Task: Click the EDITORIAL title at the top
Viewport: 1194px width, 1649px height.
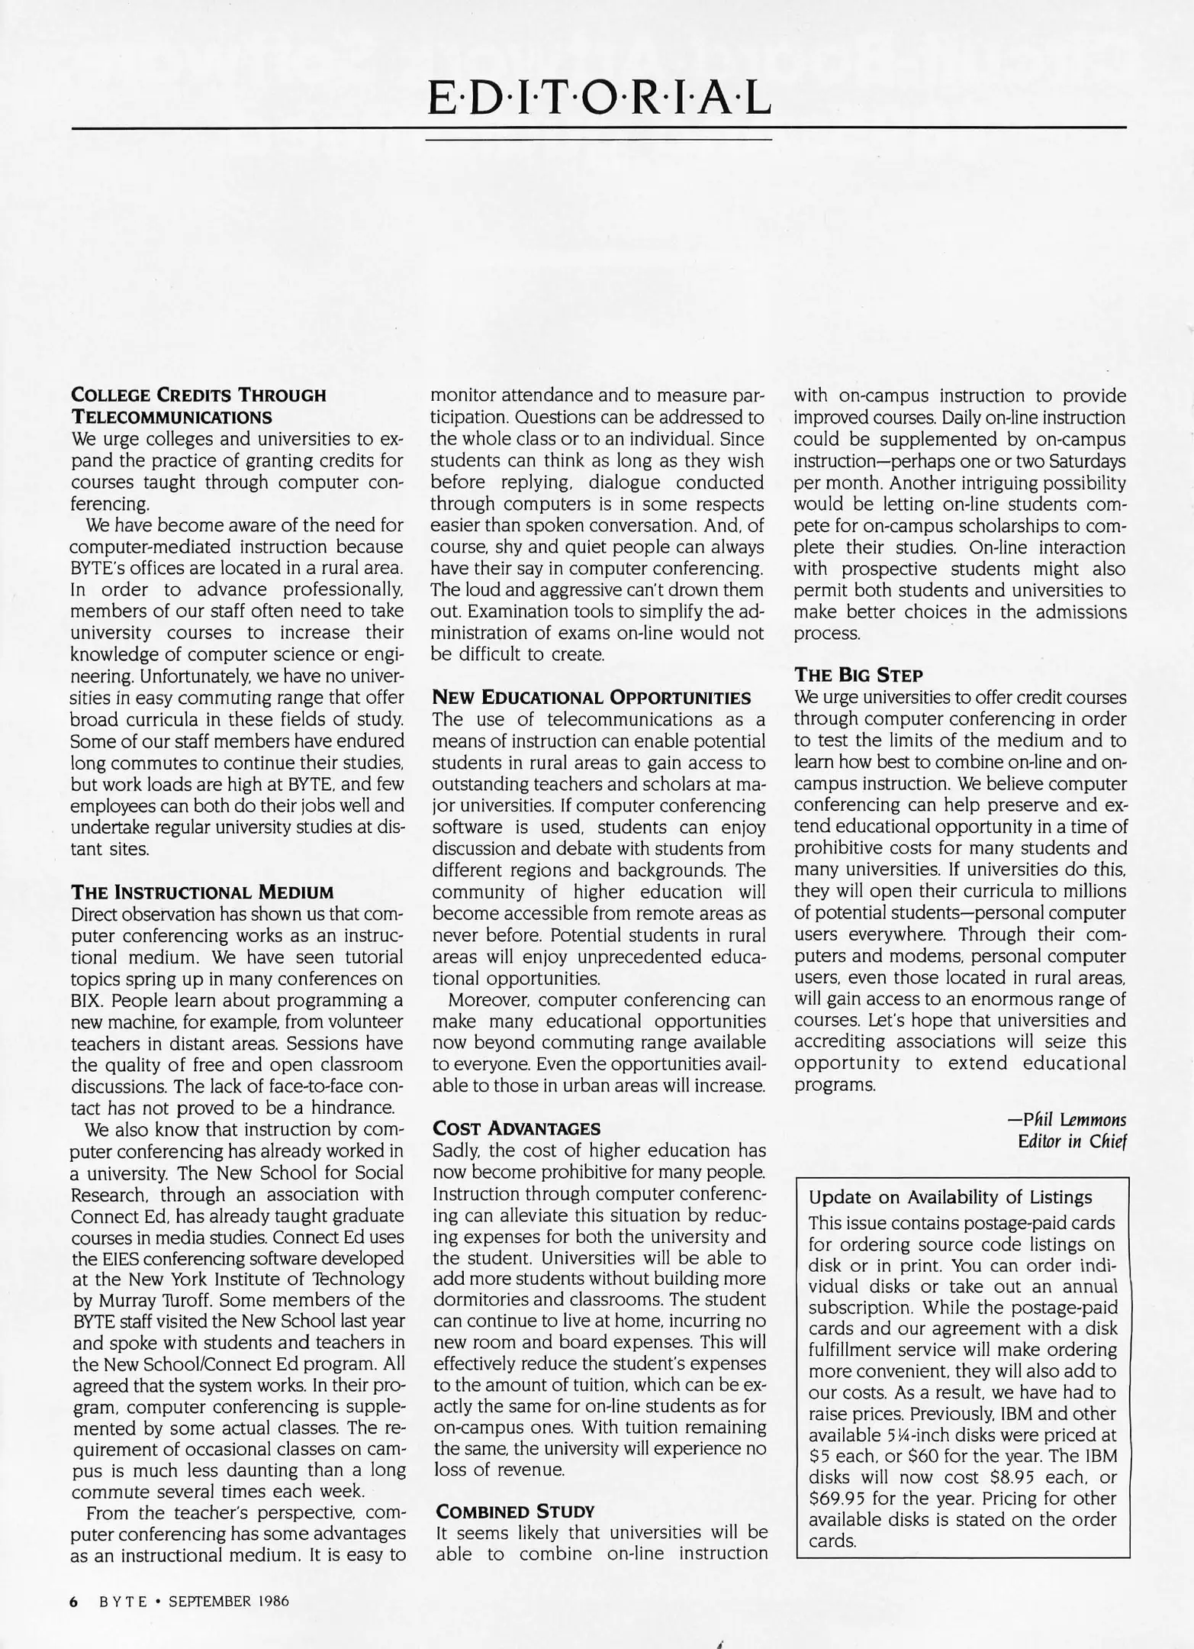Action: [599, 98]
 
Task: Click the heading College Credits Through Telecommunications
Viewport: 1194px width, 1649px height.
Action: [198, 406]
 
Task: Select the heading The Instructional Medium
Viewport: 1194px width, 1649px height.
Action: [202, 892]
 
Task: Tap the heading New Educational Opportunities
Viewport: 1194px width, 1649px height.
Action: [591, 698]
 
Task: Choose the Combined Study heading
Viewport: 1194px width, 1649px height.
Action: [514, 1512]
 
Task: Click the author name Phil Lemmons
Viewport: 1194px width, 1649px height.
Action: [1073, 1120]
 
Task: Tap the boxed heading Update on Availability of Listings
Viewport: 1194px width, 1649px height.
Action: [950, 1197]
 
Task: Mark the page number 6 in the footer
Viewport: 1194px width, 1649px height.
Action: [74, 1602]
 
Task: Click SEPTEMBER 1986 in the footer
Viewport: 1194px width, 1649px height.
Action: [228, 1602]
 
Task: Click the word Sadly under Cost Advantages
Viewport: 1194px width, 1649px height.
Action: [455, 1150]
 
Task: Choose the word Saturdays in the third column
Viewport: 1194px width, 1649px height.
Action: [1087, 461]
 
